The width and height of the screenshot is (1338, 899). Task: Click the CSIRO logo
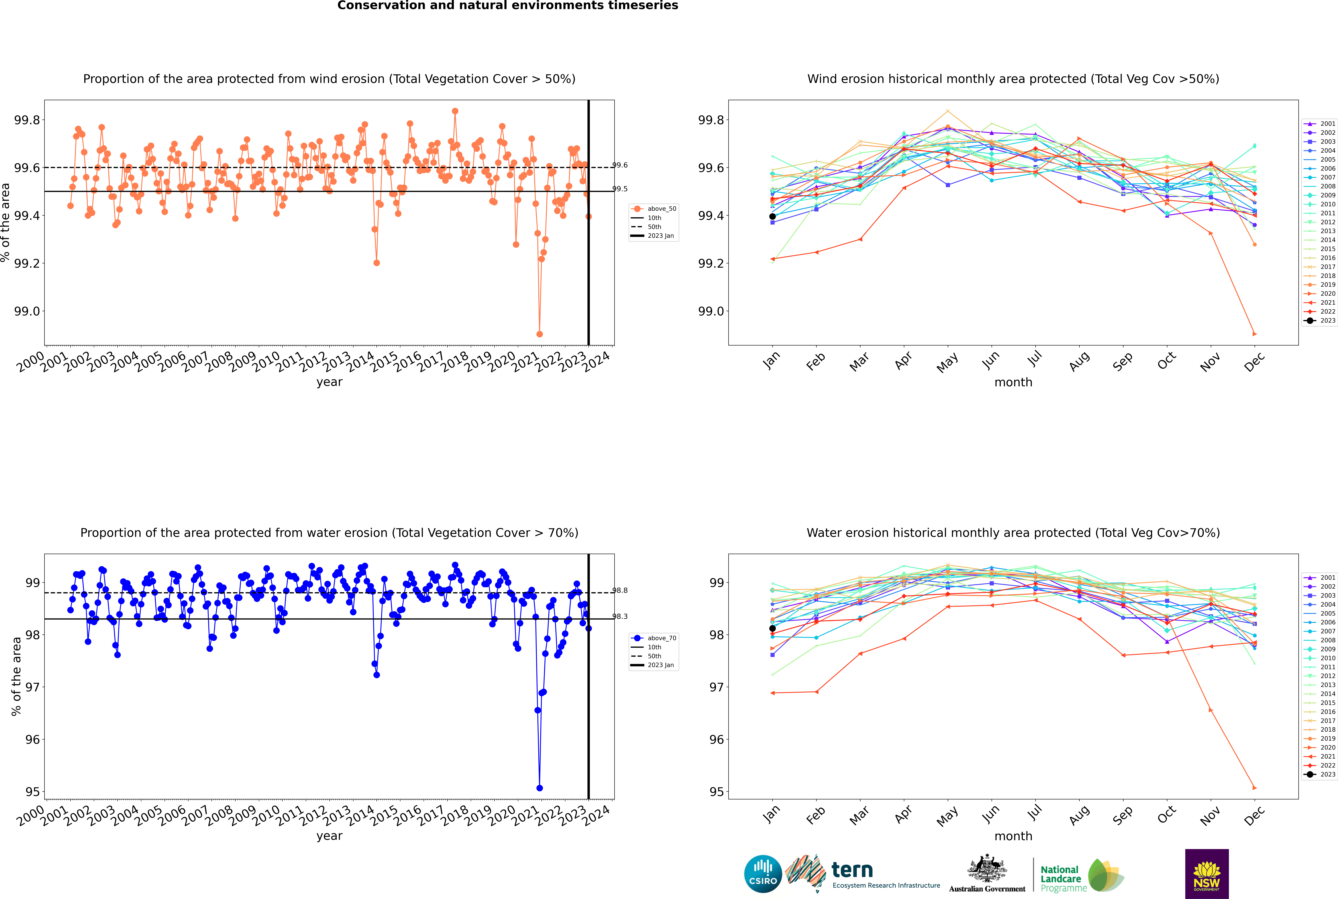(x=763, y=874)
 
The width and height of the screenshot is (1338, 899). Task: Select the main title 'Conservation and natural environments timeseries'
(x=508, y=6)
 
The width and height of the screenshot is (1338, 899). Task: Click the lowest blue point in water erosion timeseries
(x=539, y=788)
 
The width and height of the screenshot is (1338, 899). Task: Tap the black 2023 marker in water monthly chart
(x=772, y=628)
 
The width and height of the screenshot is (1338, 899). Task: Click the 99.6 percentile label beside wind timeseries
(x=620, y=165)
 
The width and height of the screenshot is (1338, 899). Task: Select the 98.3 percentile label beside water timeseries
(x=620, y=616)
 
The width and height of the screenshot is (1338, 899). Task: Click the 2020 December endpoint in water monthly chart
(x=1254, y=788)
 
